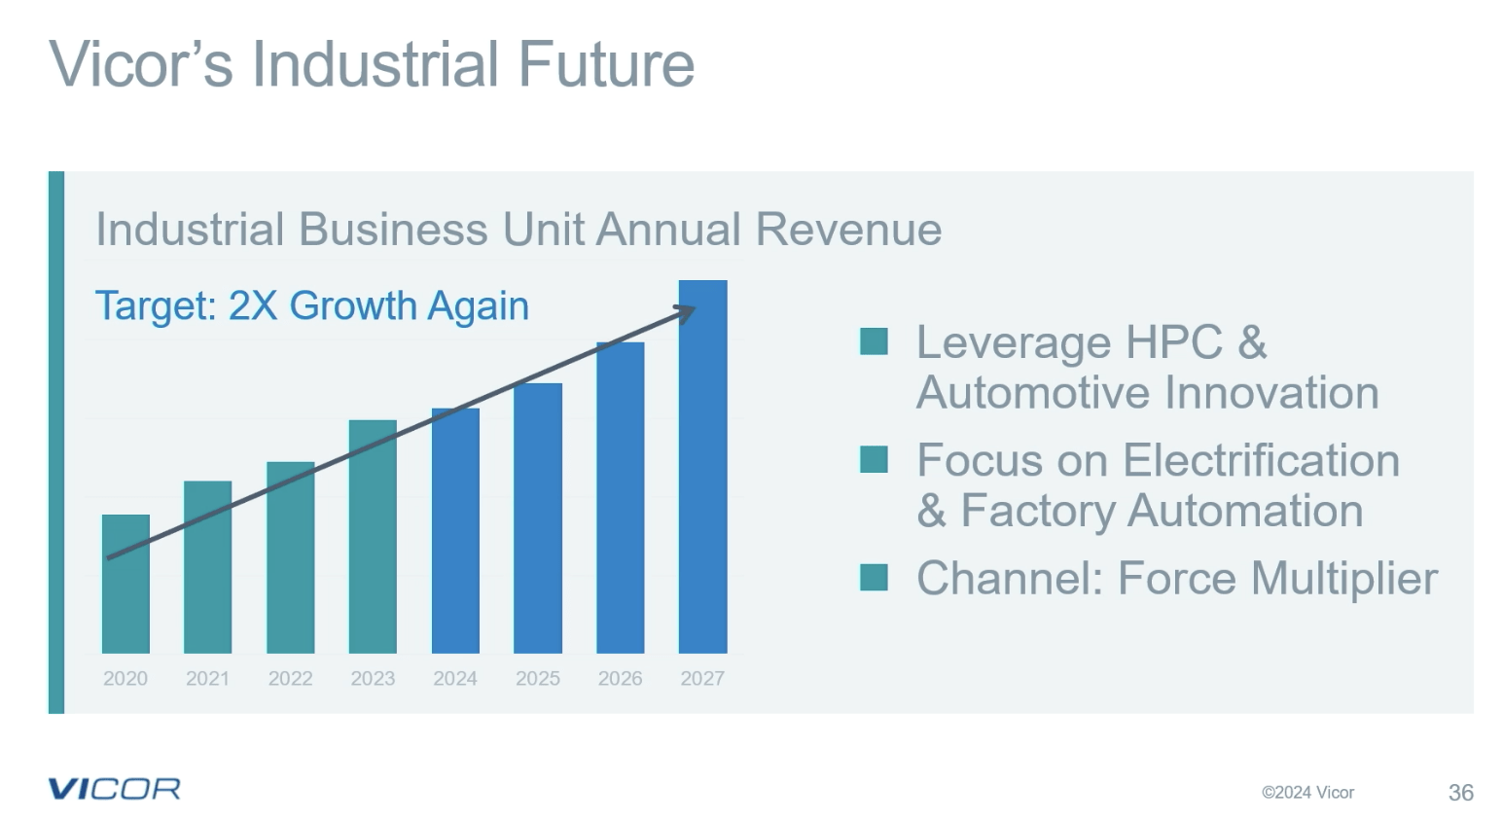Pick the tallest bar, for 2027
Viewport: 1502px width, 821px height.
(x=702, y=467)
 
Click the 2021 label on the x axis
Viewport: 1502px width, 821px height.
(x=207, y=678)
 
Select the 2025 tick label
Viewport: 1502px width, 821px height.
(x=537, y=678)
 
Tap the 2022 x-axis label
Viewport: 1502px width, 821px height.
(x=290, y=678)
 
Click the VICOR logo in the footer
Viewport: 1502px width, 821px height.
(x=114, y=789)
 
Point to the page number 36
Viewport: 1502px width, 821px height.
(x=1460, y=793)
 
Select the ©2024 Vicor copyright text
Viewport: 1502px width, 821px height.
(x=1307, y=793)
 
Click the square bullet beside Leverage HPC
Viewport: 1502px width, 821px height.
(x=874, y=341)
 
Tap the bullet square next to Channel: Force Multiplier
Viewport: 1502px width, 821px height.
(x=874, y=578)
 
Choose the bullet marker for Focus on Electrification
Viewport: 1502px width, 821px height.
(x=874, y=459)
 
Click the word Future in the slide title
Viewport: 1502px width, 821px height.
(x=605, y=64)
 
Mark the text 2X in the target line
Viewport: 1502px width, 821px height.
(x=253, y=305)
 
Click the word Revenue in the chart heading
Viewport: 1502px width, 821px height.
(x=848, y=230)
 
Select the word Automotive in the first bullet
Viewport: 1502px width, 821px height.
(x=1033, y=393)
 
